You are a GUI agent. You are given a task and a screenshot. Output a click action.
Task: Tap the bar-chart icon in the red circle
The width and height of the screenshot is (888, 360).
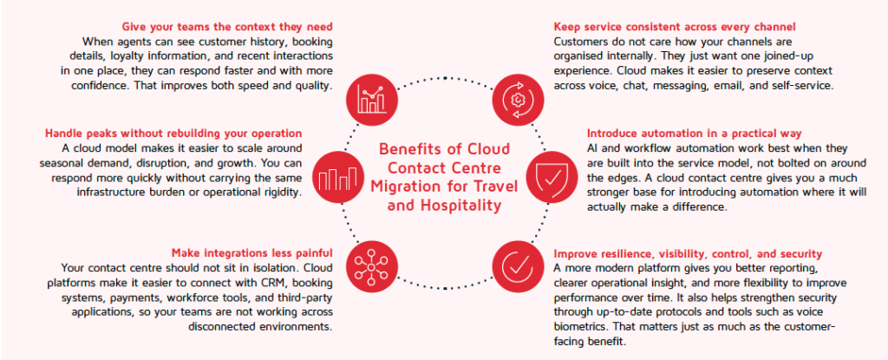coord(337,178)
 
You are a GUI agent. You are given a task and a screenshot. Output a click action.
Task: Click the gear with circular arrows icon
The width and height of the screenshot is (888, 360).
coord(518,100)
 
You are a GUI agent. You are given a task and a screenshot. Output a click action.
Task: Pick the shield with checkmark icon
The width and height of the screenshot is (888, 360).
coord(551,178)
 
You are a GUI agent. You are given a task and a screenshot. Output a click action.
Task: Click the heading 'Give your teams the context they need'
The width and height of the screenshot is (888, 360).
coord(227,27)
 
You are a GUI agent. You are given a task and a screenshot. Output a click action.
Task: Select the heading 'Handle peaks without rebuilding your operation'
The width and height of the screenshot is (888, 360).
coord(173,134)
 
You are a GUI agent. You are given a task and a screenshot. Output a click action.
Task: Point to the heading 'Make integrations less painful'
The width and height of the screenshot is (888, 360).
coord(252,252)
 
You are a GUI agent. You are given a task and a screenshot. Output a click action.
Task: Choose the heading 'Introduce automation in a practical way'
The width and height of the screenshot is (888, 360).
coord(695,134)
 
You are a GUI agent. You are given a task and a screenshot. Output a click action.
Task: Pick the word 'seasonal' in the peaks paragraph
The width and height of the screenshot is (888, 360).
coord(63,163)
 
